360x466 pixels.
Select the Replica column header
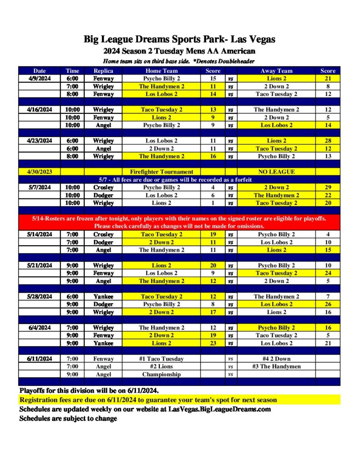(103, 71)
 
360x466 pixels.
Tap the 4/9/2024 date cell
(39, 78)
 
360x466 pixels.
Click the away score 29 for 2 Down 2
(328, 187)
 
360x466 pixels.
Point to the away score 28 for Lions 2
(328, 141)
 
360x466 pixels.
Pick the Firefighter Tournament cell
(162, 172)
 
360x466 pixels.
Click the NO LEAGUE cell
(277, 172)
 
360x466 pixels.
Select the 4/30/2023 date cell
(39, 172)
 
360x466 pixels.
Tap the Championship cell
(162, 374)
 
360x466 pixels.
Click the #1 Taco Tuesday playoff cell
(162, 359)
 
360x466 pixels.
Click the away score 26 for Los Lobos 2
(328, 304)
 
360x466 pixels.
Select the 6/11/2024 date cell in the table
(39, 359)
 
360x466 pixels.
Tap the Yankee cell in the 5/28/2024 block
(103, 296)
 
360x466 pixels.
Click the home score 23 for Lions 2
(213, 343)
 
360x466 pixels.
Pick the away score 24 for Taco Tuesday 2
(328, 273)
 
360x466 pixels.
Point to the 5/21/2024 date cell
(39, 265)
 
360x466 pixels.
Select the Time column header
(72, 71)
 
